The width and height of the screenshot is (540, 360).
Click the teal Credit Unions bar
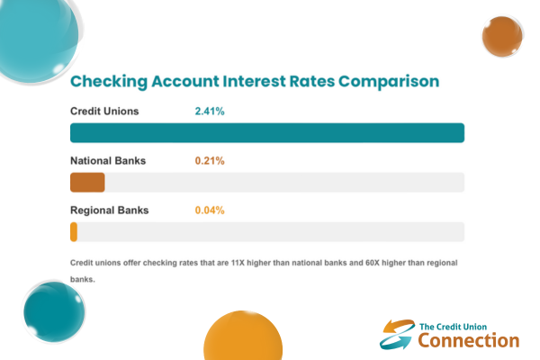(266, 132)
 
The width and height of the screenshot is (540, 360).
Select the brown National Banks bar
(87, 182)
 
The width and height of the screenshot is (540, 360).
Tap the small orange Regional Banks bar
(74, 231)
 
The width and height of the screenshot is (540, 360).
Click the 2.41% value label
(209, 112)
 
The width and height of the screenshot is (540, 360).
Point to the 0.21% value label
(209, 161)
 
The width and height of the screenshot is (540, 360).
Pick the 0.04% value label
(210, 211)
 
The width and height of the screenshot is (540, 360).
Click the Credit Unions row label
(104, 112)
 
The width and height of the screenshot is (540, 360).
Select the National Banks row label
(108, 161)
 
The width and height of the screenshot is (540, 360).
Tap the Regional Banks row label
(109, 211)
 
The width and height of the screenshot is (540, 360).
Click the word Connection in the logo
(469, 340)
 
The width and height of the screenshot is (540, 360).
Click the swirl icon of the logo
(397, 334)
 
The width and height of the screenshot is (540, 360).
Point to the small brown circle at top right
(502, 37)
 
